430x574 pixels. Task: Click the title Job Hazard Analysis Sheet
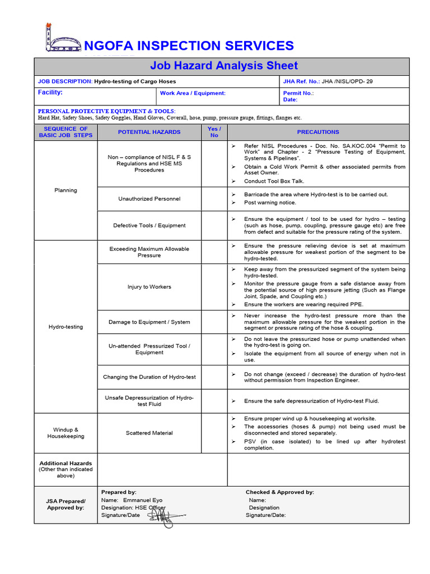tap(221, 66)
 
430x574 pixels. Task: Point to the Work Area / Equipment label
tap(193, 93)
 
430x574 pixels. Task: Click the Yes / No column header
tap(214, 132)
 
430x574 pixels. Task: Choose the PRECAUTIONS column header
tap(318, 132)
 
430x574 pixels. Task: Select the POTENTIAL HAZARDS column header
tap(149, 132)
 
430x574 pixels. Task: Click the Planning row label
tap(66, 190)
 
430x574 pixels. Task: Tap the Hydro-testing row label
tap(66, 327)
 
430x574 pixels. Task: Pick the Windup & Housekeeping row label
tap(66, 433)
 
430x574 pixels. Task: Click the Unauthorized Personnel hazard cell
tap(149, 198)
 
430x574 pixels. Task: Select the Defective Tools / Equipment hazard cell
tap(149, 225)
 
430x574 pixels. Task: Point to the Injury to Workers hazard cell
tap(149, 287)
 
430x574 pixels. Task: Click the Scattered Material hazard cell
tap(149, 433)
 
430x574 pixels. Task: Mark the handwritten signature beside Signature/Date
tap(164, 516)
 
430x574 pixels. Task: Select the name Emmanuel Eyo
tap(143, 500)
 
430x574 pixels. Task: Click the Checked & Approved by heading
tap(279, 492)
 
